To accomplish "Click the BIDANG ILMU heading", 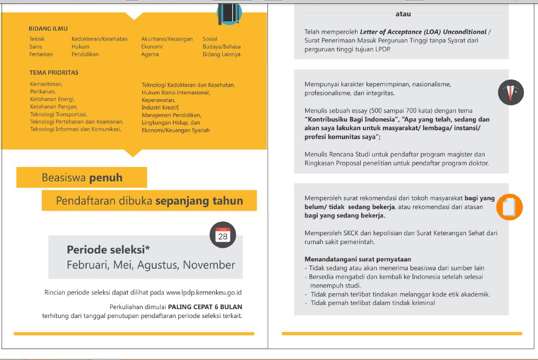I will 48,29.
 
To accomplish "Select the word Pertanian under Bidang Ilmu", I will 41,54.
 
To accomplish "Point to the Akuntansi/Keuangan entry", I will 167,39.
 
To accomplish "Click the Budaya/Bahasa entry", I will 221,47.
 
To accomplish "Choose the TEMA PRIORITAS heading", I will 54,73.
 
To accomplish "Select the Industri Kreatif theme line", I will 160,107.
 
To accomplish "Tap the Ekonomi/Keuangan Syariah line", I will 176,131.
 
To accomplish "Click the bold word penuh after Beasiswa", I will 106,178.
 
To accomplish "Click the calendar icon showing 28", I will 222,235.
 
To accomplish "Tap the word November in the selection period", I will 209,265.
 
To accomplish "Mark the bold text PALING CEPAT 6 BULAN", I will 205,306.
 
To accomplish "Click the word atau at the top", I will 403,14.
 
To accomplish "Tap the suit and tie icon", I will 511,93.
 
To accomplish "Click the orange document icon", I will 509,207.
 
